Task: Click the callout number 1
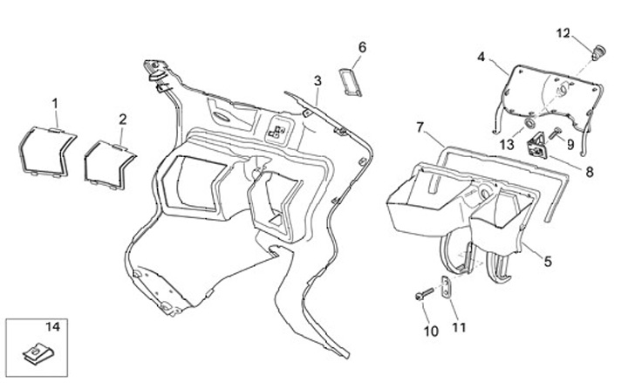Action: coord(55,104)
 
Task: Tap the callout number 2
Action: coord(123,119)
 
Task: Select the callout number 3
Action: coord(318,81)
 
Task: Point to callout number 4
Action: coord(481,58)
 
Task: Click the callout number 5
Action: coord(549,261)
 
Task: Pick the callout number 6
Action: coord(362,46)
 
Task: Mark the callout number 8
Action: coord(589,172)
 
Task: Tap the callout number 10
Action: coord(429,331)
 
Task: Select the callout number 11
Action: coord(460,327)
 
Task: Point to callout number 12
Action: coord(563,33)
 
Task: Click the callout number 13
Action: coord(507,145)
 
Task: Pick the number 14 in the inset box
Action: coord(51,327)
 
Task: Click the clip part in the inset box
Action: coord(36,353)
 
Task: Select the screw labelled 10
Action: coord(424,297)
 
